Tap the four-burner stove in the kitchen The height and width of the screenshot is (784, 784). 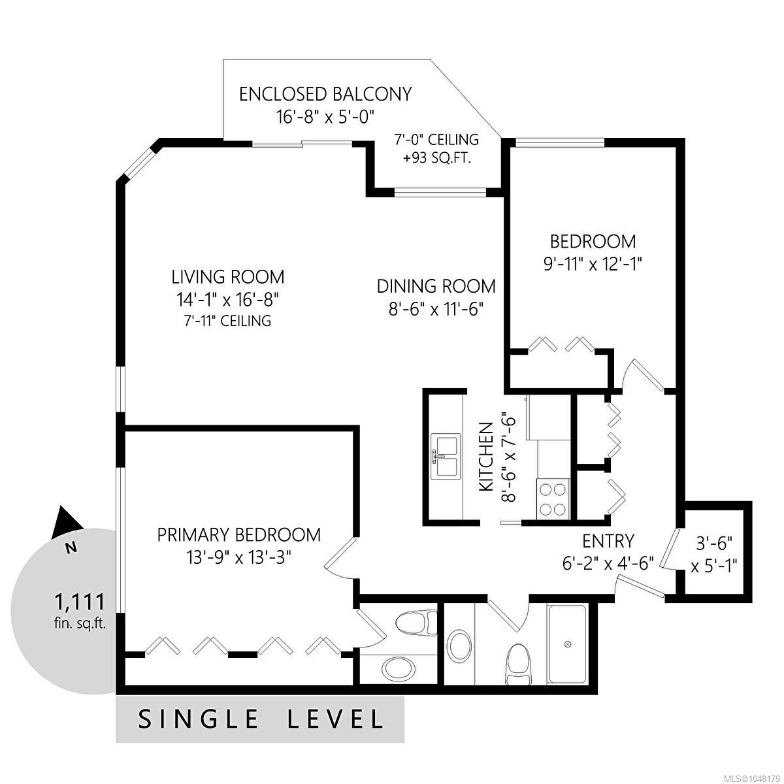point(552,498)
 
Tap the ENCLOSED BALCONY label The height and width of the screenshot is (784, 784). point(325,94)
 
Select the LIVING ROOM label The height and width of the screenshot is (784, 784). point(228,277)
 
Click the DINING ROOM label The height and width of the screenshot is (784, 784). point(436,286)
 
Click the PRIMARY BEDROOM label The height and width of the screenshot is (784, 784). point(239,534)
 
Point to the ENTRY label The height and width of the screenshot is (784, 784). point(608,541)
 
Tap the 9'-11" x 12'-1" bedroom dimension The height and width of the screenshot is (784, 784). point(593,265)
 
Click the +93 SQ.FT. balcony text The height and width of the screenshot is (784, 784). point(436,158)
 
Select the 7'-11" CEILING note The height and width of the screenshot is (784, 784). point(227,321)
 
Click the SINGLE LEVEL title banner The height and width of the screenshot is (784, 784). point(261,719)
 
